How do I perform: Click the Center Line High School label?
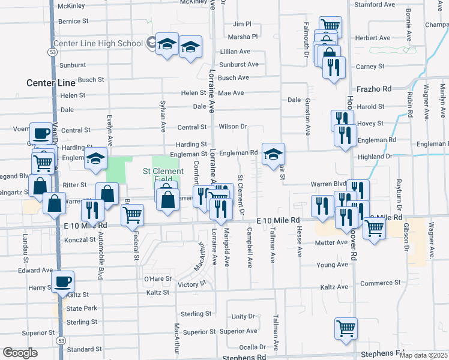(x=98, y=44)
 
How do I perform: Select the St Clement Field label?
(x=163, y=175)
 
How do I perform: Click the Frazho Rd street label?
(x=373, y=89)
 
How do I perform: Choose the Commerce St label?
(x=380, y=283)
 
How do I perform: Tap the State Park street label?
(x=82, y=308)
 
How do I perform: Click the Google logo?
(x=20, y=353)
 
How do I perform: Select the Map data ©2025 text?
(x=424, y=355)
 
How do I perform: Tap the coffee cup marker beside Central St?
(x=41, y=133)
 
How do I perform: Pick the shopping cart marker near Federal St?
(x=132, y=214)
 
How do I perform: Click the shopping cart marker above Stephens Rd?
(x=346, y=328)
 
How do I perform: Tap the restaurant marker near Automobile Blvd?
(x=92, y=210)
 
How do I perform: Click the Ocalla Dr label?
(x=252, y=347)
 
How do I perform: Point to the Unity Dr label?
(x=243, y=316)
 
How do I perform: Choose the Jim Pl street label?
(x=242, y=24)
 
